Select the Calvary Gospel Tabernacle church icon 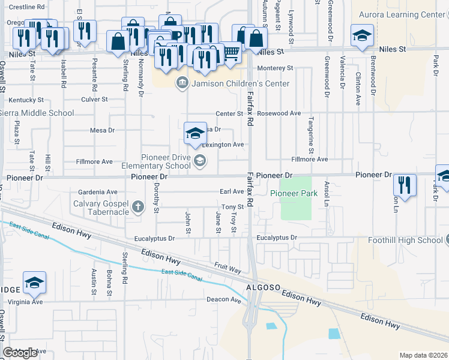(138, 208)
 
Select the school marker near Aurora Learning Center (363, 36)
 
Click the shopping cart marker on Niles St (231, 54)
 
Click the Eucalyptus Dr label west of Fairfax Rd (155, 238)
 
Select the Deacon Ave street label (223, 299)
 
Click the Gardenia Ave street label (98, 192)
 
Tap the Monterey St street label (274, 68)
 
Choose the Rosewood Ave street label (279, 113)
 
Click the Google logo (20, 353)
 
